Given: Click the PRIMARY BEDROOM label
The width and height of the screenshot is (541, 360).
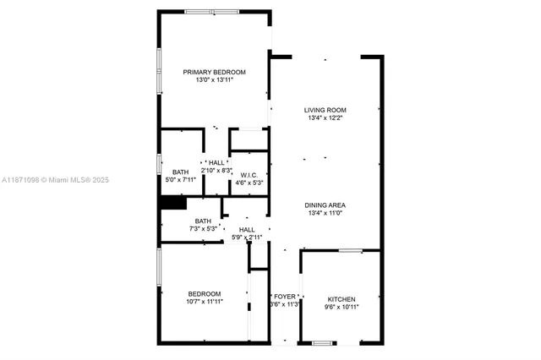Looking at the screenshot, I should point(215,72).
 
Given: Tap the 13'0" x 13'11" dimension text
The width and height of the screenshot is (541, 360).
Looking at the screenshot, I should point(215,80).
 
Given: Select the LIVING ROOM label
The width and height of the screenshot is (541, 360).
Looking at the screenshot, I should point(325,110).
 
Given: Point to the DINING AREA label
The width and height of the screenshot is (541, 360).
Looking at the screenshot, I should point(325,205).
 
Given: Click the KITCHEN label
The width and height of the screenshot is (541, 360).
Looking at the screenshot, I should point(342,299).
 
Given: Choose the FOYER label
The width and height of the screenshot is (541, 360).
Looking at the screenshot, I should point(285,296).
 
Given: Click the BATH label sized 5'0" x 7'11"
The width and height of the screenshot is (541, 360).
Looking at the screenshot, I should point(181,172).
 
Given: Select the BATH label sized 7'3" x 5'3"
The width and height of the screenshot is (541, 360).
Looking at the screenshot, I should point(204,221).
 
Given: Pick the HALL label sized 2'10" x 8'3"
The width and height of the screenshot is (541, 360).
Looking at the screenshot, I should point(216,162).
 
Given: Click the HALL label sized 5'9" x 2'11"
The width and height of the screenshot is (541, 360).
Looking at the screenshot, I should point(247,230).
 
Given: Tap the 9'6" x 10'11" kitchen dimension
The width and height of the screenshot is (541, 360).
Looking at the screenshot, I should point(342,308).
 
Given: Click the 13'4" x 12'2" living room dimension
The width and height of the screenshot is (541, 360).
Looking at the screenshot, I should point(325,118).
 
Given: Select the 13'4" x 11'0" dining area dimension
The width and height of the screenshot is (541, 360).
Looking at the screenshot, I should point(325,214).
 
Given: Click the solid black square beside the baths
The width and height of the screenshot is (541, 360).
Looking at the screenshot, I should point(173,204).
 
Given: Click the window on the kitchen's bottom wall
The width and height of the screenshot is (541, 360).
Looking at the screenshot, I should point(321,342).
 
